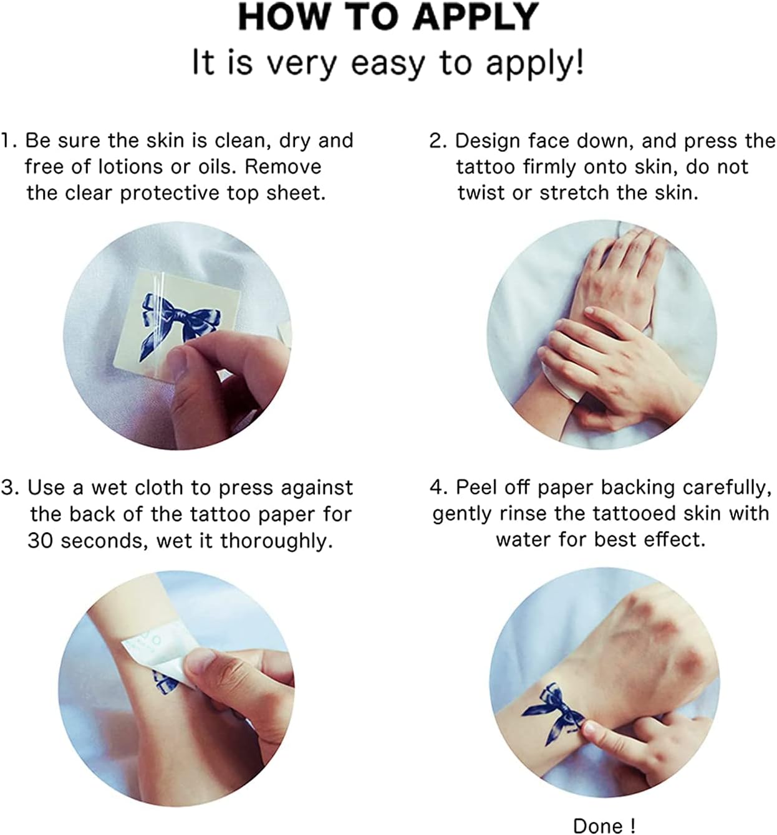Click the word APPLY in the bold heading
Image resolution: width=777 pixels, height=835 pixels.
coord(476,17)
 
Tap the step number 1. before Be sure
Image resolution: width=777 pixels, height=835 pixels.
coord(9,140)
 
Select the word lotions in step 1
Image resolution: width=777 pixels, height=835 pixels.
coord(130,167)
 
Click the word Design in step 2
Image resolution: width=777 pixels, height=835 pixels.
coord(489,141)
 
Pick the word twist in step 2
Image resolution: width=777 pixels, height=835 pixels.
coord(481,193)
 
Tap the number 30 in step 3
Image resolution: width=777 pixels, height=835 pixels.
coord(41,541)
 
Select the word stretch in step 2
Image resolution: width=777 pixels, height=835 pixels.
coord(574,193)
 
